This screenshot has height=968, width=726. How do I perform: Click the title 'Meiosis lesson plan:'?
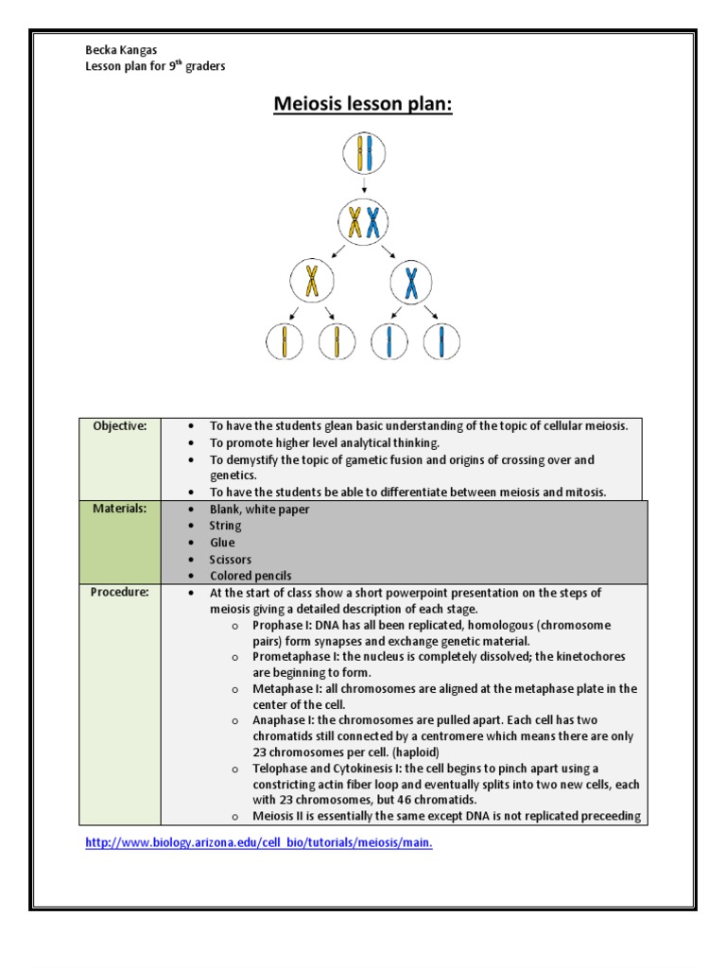(x=363, y=103)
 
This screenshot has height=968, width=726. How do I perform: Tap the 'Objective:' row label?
(x=119, y=426)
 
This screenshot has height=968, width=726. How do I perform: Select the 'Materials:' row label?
(x=119, y=510)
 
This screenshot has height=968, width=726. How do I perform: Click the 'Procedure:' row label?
(x=119, y=593)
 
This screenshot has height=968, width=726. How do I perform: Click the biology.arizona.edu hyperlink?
(x=259, y=843)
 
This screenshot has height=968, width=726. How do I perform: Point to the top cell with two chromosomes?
(x=364, y=155)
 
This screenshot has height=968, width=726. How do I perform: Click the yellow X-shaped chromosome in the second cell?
(x=354, y=223)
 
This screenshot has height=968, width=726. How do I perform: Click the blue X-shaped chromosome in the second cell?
(x=374, y=223)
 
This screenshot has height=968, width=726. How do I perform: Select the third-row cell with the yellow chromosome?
(x=311, y=282)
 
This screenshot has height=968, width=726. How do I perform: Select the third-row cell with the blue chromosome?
(x=411, y=282)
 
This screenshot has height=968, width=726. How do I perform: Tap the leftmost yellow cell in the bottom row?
(x=284, y=341)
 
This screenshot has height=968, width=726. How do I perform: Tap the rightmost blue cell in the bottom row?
(x=441, y=341)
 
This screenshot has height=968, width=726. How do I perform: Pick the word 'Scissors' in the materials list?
(x=231, y=560)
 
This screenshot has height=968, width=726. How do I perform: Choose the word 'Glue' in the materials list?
(x=222, y=543)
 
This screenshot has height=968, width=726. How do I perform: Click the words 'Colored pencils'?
(x=251, y=576)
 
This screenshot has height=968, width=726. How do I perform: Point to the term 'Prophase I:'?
(x=283, y=626)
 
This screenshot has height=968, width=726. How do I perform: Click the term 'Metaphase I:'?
(x=286, y=689)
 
